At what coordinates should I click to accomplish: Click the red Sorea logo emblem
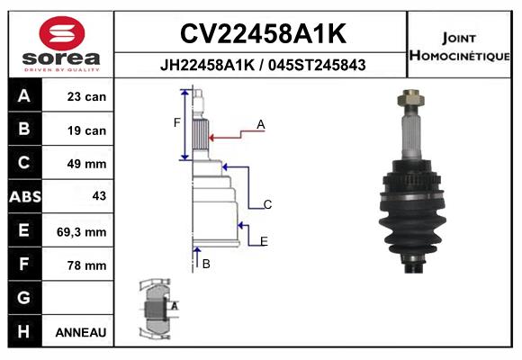62,33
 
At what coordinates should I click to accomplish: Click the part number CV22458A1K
263,33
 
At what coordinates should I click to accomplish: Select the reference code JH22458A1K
207,65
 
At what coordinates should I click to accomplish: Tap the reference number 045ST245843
317,65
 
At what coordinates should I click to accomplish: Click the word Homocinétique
459,55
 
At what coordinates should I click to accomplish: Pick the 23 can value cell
78,95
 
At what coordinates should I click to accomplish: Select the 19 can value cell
78,130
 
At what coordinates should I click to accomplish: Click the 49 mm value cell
78,163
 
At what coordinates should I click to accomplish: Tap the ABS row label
25,196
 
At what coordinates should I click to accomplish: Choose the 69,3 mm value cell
78,230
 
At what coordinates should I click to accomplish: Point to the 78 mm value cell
78,265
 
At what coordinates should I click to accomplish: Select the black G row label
25,298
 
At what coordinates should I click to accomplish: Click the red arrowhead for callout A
211,138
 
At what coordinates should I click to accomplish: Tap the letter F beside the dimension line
176,123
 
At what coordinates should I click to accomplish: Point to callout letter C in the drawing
267,204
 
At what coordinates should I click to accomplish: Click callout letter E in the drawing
264,241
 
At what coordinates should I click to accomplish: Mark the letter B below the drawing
206,264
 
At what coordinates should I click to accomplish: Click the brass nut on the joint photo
410,98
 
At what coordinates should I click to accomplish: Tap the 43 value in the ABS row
99,195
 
